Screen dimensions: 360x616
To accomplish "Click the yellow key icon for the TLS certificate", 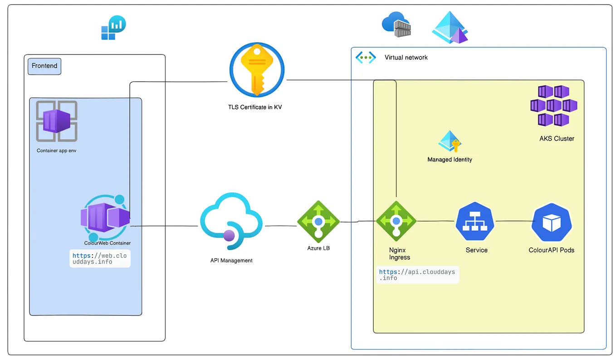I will [x=257, y=70].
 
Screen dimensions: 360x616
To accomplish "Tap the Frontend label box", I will [x=44, y=66].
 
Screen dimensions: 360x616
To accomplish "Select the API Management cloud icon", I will [x=231, y=221].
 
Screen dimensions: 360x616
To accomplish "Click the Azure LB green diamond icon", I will [x=318, y=221].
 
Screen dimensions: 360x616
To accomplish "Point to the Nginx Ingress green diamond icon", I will [x=396, y=221].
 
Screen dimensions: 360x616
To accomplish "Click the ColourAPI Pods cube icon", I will [x=552, y=222].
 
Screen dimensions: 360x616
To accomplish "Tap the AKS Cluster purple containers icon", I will [x=553, y=106].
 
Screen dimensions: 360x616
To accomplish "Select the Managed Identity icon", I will [x=450, y=142].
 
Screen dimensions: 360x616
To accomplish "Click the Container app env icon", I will [x=57, y=121].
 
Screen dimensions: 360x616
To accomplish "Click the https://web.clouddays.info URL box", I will [x=100, y=258].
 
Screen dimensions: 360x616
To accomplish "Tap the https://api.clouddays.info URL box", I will [x=417, y=275].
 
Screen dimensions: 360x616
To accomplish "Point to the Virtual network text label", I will [x=406, y=57].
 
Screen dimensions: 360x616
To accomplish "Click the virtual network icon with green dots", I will [x=366, y=57].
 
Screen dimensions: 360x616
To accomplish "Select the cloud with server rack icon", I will [x=397, y=25].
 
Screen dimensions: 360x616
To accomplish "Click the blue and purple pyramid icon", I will [x=450, y=28].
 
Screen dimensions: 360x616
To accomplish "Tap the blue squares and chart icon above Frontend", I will [x=113, y=28].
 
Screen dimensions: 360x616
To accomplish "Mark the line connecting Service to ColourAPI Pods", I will [x=514, y=221].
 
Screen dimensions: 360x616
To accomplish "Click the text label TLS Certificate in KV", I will [x=254, y=108].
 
